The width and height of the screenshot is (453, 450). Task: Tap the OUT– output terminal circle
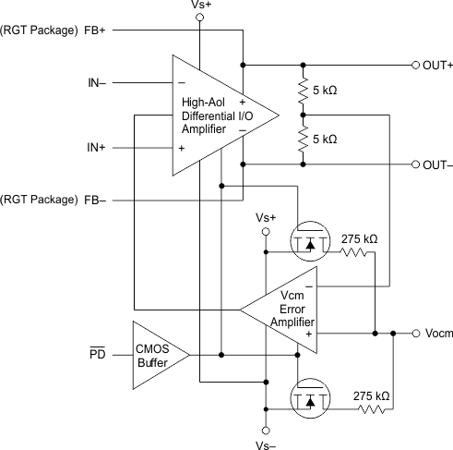coord(414,164)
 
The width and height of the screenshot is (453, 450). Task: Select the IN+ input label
coord(95,147)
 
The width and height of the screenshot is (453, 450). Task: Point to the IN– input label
coord(95,83)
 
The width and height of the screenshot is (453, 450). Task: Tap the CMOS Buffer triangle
coord(157,355)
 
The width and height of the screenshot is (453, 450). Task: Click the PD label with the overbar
coord(98,355)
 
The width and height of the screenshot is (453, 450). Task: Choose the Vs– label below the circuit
coord(265,443)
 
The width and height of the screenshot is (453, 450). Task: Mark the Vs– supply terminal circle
coord(265,429)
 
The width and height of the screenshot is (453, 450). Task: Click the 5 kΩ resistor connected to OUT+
coord(304,91)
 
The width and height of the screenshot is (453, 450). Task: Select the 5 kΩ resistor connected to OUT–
coord(304,140)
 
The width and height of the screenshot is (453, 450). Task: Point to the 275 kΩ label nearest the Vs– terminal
coord(372,395)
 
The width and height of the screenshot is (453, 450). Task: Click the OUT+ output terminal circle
coord(414,66)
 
